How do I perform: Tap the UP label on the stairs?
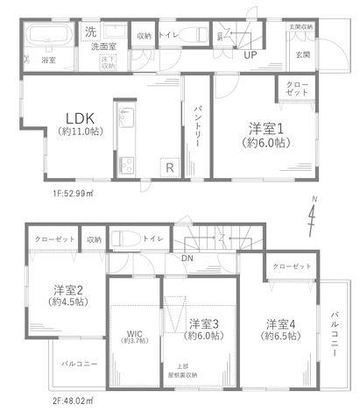click(x=250, y=55)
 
